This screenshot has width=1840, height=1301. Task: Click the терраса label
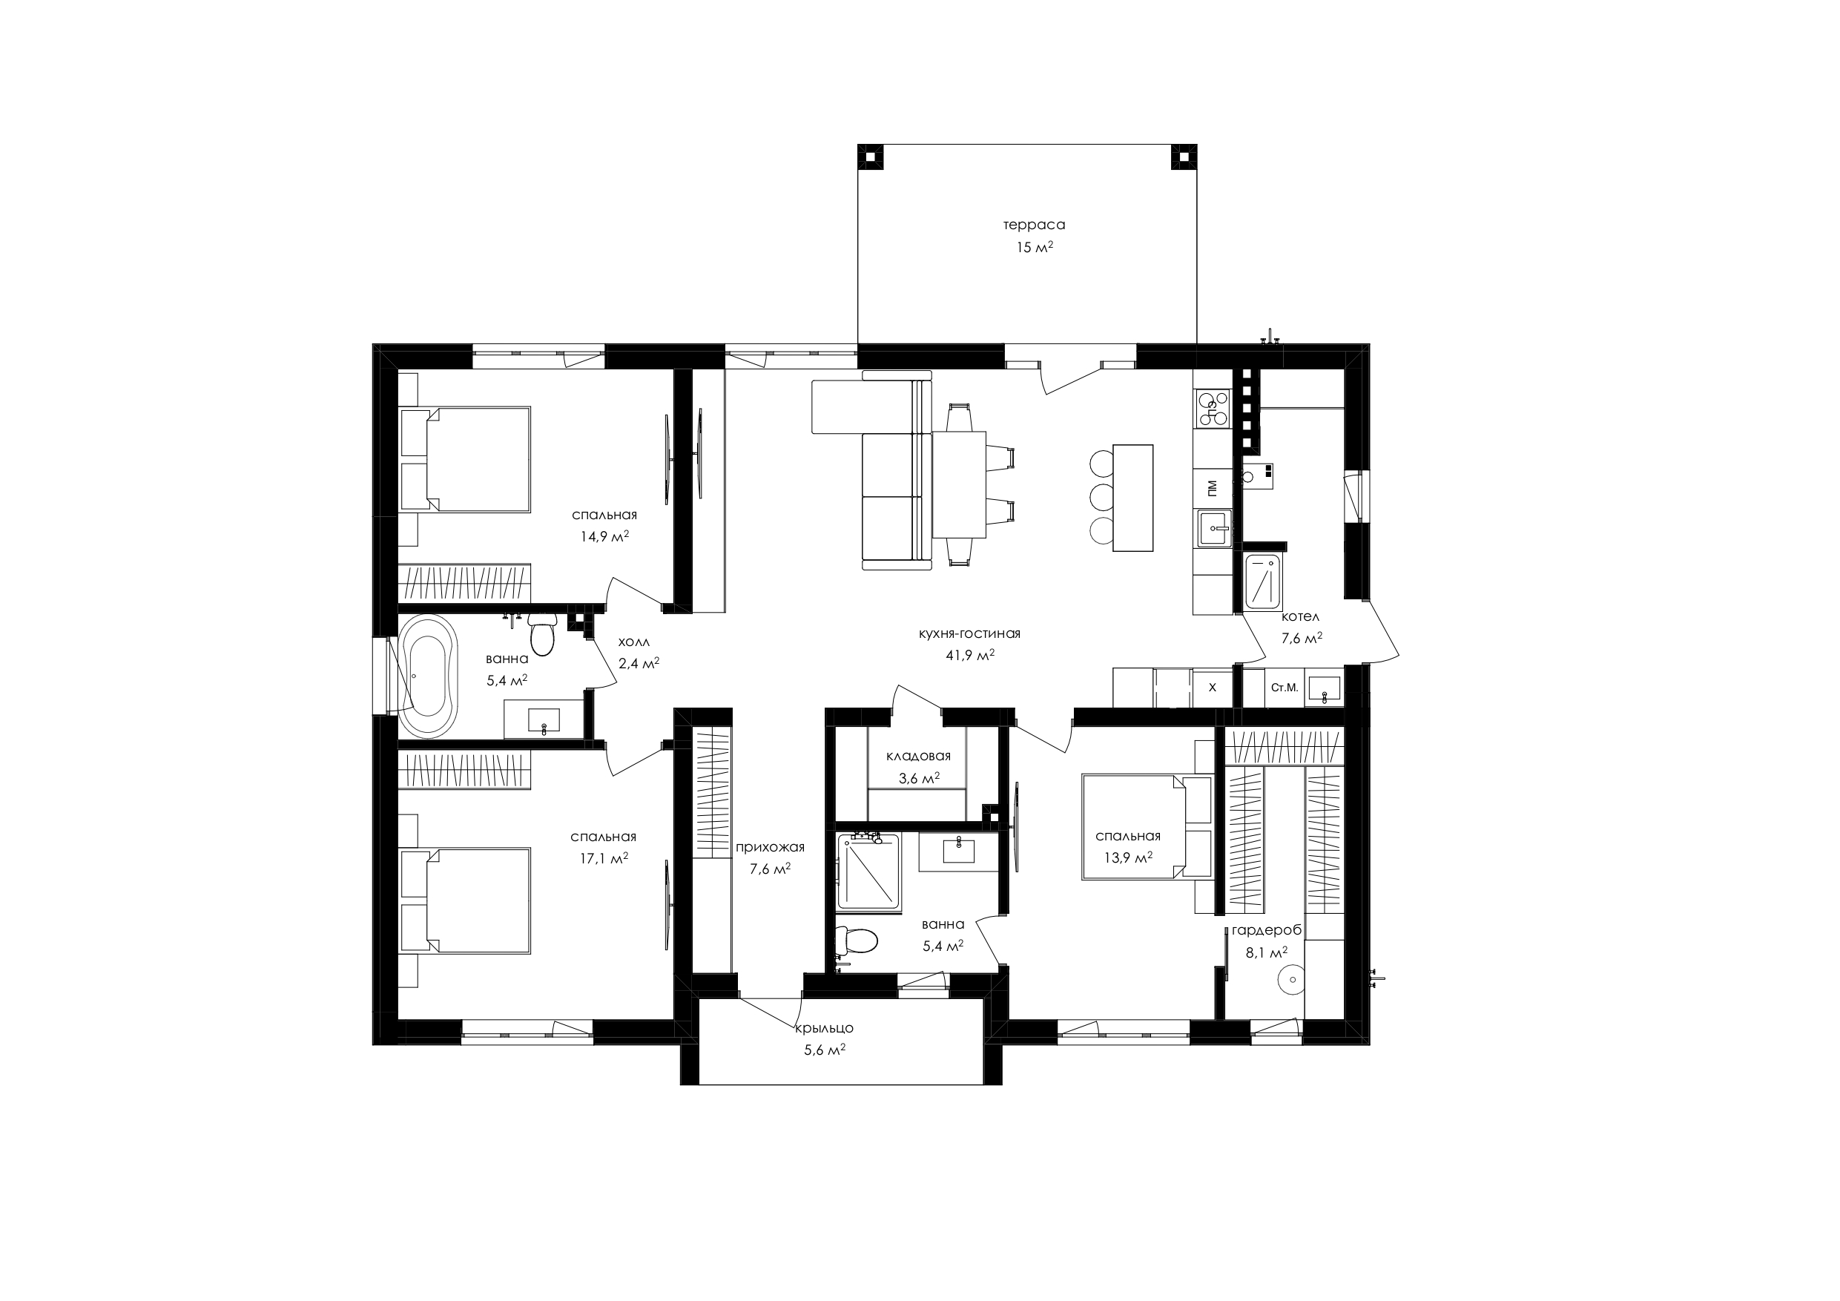[1034, 225]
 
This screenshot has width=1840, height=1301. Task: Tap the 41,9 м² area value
[969, 655]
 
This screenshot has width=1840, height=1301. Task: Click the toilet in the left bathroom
[543, 636]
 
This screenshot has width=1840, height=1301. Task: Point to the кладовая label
[918, 756]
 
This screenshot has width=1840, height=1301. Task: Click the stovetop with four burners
[1212, 409]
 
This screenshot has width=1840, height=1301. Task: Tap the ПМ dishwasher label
[1212, 487]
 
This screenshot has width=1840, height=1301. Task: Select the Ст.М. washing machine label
[1284, 687]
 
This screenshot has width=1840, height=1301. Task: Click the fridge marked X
[1212, 687]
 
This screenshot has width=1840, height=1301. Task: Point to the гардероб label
[1266, 930]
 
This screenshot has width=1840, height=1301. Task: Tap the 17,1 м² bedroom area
[604, 858]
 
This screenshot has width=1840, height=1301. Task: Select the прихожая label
[770, 847]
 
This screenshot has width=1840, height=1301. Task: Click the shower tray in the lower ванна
[868, 872]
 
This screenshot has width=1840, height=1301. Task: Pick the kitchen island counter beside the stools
[1133, 498]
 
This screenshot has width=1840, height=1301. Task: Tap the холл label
[634, 642]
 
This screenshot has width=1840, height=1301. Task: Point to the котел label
[1300, 617]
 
